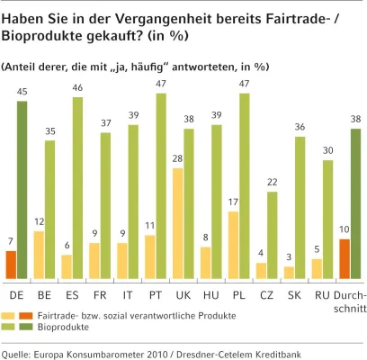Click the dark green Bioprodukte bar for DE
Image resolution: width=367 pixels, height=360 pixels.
(22, 190)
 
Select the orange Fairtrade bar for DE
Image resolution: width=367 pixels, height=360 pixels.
(10, 265)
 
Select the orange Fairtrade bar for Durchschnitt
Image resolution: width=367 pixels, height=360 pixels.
(345, 259)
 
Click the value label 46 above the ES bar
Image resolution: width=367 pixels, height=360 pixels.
(78, 88)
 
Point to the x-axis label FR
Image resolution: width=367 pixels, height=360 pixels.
(100, 294)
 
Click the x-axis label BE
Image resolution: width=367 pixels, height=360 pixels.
(44, 294)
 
